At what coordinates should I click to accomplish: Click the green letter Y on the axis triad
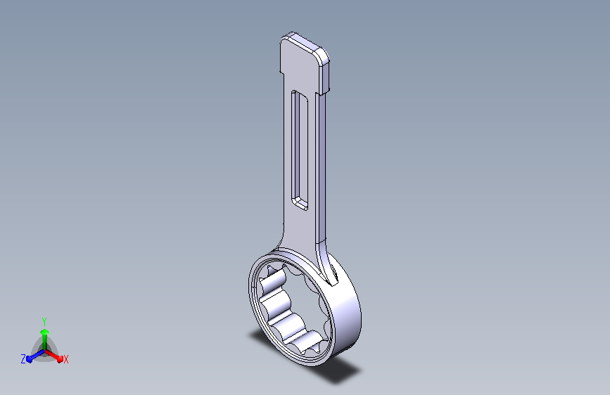click(x=44, y=322)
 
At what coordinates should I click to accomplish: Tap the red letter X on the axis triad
click(x=65, y=359)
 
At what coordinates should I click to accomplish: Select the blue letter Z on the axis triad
click(x=23, y=359)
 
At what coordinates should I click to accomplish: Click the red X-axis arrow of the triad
click(x=53, y=356)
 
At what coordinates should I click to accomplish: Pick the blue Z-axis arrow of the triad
click(x=36, y=356)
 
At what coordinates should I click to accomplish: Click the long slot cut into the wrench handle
click(x=300, y=150)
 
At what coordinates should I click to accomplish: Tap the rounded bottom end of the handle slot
click(x=300, y=203)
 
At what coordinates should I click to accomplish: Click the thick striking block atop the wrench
click(x=305, y=63)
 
